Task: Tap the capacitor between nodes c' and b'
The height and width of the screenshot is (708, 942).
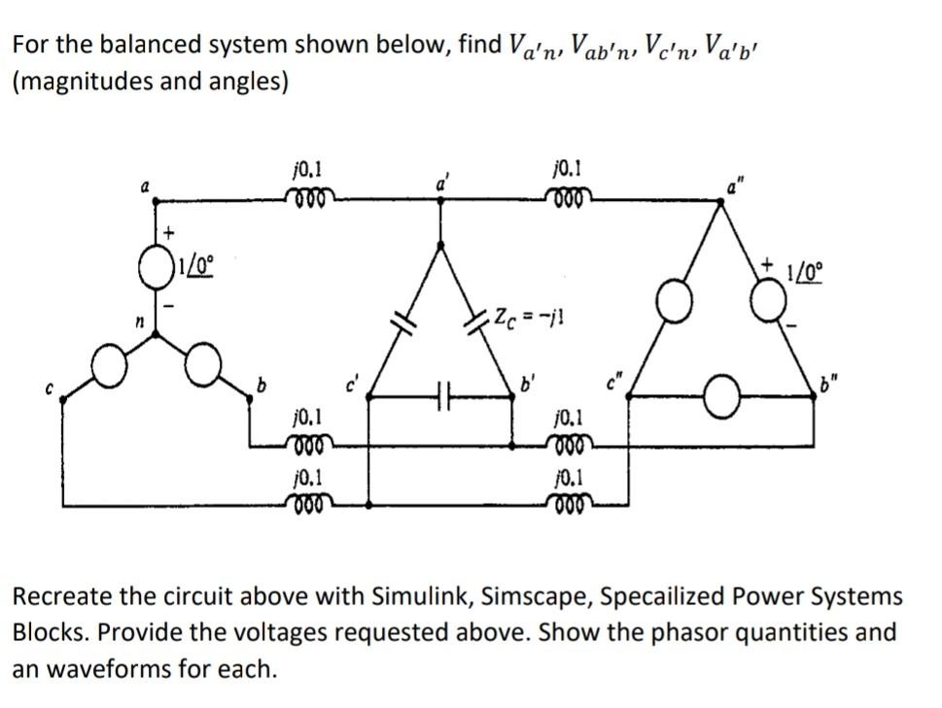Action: [x=442, y=395]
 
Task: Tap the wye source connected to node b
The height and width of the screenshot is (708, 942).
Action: [x=203, y=366]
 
